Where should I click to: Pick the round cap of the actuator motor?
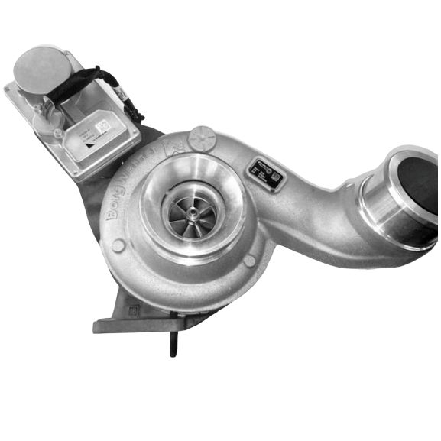43,70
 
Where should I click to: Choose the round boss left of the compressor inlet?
118,246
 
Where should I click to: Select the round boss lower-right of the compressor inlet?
249,261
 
